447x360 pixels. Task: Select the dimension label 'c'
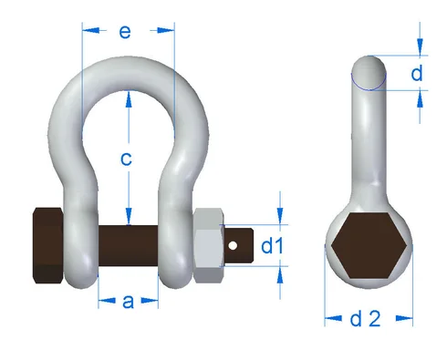(128, 158)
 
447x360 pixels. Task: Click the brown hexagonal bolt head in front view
(47, 247)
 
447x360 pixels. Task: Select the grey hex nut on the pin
(209, 245)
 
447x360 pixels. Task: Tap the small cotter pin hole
(234, 244)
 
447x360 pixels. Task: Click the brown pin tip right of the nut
(239, 244)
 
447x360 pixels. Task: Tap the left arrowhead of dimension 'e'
(88, 30)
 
